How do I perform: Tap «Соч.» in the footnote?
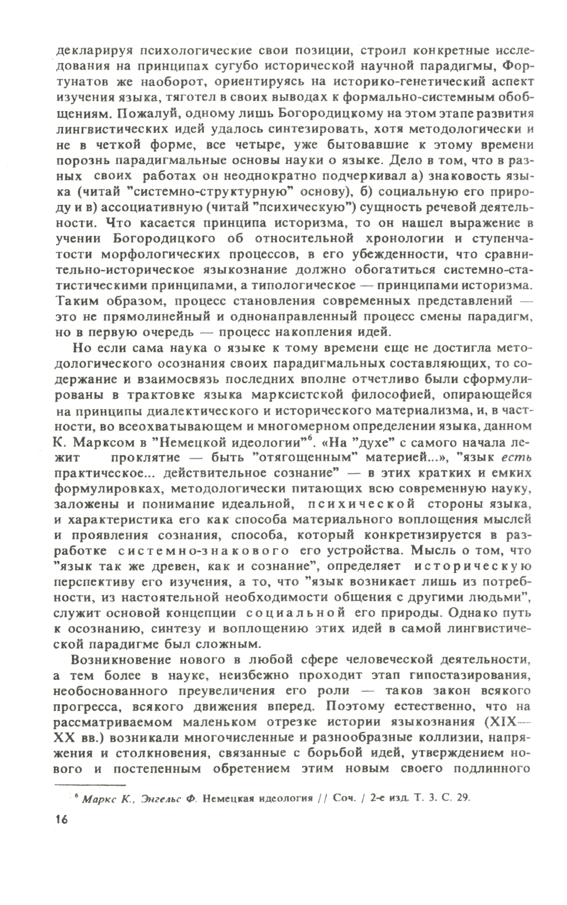coord(344,797)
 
